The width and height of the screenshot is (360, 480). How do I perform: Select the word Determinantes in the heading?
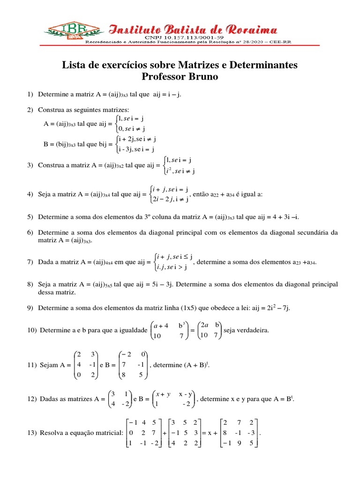257,65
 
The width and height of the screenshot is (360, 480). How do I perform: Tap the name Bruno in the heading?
202,76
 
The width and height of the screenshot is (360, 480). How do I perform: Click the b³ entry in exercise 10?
182,324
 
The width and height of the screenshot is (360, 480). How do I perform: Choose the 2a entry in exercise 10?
204,324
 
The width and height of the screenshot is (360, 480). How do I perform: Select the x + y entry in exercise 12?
163,394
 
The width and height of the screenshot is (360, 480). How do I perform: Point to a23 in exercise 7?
299,262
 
